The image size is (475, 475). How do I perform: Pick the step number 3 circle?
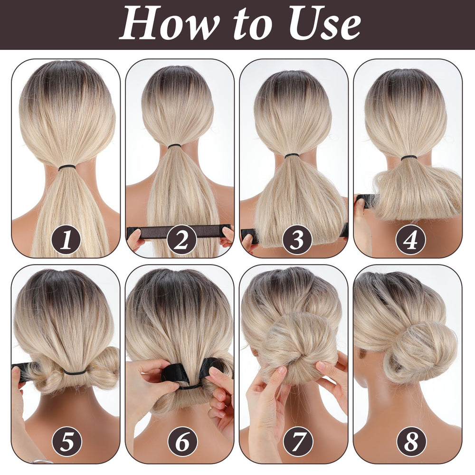[x=297, y=239]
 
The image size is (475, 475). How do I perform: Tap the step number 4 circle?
[x=411, y=239]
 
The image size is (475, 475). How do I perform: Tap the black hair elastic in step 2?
[x=174, y=146]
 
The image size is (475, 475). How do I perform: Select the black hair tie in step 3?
[x=292, y=156]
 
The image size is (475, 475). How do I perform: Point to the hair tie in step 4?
[x=408, y=158]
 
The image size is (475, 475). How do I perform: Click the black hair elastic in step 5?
[x=75, y=372]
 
